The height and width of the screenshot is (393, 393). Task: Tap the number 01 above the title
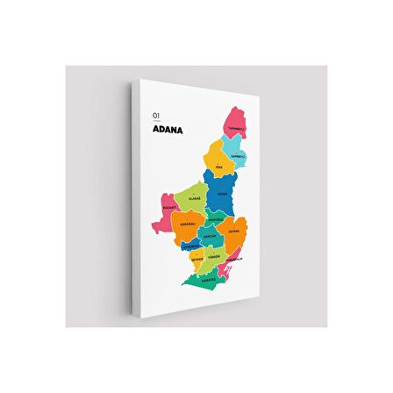click(156, 114)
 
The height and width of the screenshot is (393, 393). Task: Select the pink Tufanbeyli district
click(234, 124)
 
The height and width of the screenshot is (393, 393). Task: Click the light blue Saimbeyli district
click(237, 156)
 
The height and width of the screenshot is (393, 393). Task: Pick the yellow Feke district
click(217, 161)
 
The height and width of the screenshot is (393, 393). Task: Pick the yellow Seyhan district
click(198, 259)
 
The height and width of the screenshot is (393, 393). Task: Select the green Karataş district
click(207, 280)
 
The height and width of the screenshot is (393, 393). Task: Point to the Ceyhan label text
click(233, 232)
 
